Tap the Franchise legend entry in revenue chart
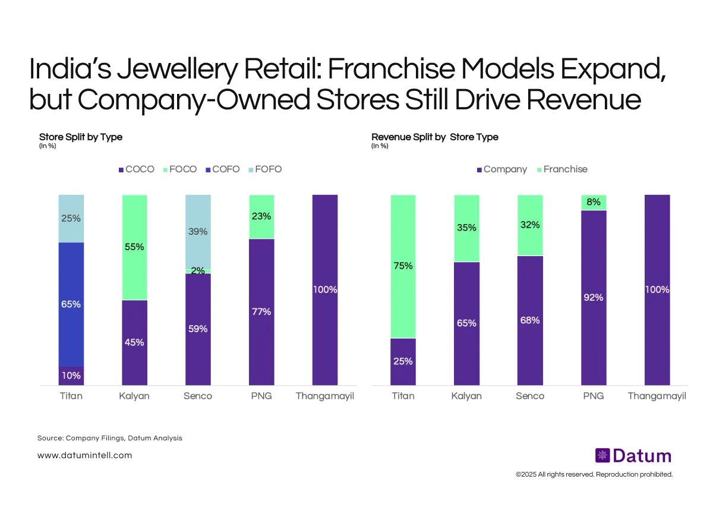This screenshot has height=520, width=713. click(561, 169)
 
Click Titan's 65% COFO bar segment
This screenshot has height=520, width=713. click(71, 304)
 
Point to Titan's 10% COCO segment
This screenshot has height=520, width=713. click(71, 376)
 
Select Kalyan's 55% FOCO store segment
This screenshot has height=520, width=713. click(134, 247)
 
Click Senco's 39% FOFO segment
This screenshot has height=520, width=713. click(198, 232)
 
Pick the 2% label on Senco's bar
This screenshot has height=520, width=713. click(198, 271)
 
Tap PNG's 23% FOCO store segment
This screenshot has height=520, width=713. click(261, 216)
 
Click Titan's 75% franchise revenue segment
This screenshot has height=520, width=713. click(403, 266)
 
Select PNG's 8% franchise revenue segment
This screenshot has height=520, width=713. click(593, 202)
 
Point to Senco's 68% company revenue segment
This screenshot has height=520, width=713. click(529, 320)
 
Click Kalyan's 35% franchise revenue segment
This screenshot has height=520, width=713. click(466, 228)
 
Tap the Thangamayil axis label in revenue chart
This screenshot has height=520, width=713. click(657, 396)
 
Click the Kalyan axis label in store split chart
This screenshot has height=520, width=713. click(134, 396)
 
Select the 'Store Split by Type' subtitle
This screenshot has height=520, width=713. click(81, 137)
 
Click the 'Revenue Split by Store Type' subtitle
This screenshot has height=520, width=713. click(435, 137)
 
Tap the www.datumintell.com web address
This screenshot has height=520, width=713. click(84, 455)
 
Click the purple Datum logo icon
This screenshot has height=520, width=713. click(602, 456)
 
